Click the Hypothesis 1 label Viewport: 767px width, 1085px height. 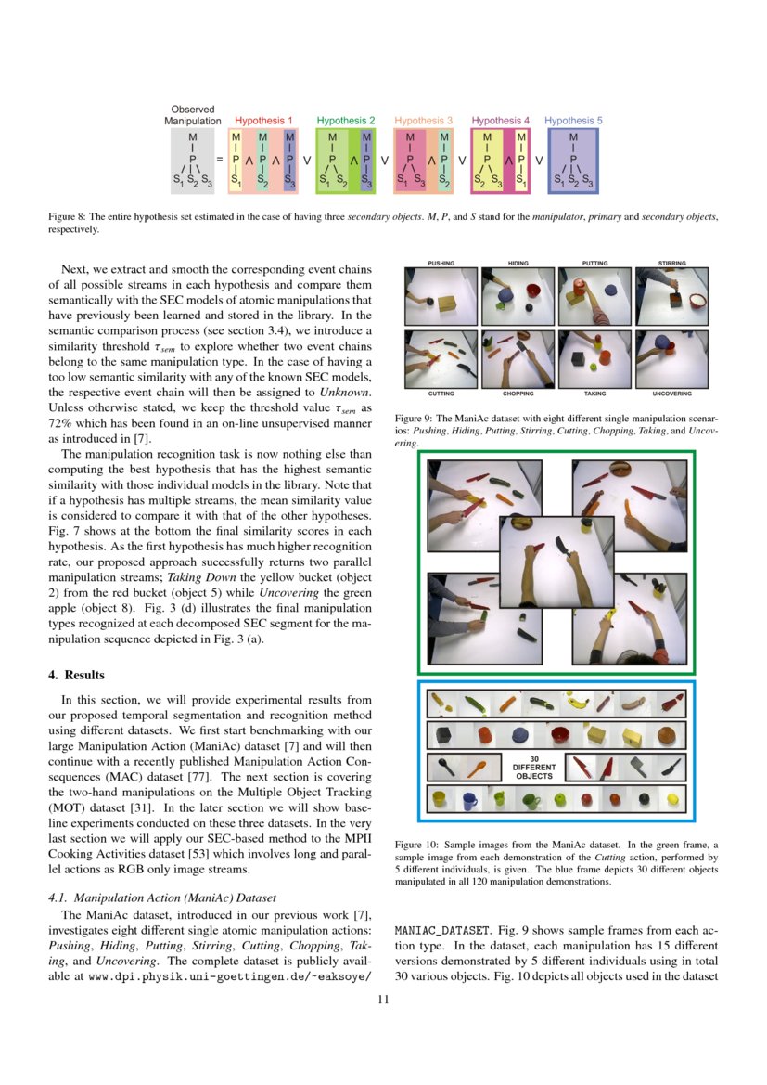click(263, 121)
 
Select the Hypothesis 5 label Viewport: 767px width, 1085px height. click(573, 121)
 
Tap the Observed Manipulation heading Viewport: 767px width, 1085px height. click(193, 115)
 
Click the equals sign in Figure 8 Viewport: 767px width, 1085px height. click(219, 159)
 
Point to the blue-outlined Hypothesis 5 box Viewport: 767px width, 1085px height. click(573, 161)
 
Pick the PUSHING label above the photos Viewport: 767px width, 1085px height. click(441, 264)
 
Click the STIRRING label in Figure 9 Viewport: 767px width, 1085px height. click(671, 264)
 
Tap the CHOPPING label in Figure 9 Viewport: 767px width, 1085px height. click(518, 394)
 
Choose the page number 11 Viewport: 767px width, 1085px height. click(383, 999)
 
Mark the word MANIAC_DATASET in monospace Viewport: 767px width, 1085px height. click(439, 928)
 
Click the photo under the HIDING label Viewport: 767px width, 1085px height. click(518, 292)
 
